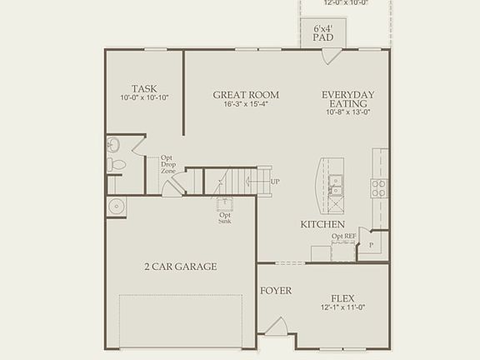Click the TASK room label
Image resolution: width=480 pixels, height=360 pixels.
(145, 88)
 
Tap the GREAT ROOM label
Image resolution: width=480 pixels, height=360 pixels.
(245, 95)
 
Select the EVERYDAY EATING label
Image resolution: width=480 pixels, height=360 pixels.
(348, 99)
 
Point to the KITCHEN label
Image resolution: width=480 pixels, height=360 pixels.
(322, 225)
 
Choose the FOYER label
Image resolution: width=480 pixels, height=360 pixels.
(275, 291)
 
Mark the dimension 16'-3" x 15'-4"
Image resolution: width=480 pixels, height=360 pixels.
(245, 105)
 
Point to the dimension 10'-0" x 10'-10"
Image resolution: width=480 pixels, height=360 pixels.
(145, 98)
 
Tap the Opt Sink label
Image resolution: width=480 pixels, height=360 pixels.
(225, 217)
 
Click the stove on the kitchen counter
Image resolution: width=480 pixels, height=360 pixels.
(378, 187)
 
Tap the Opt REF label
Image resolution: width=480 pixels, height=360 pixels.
(343, 236)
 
